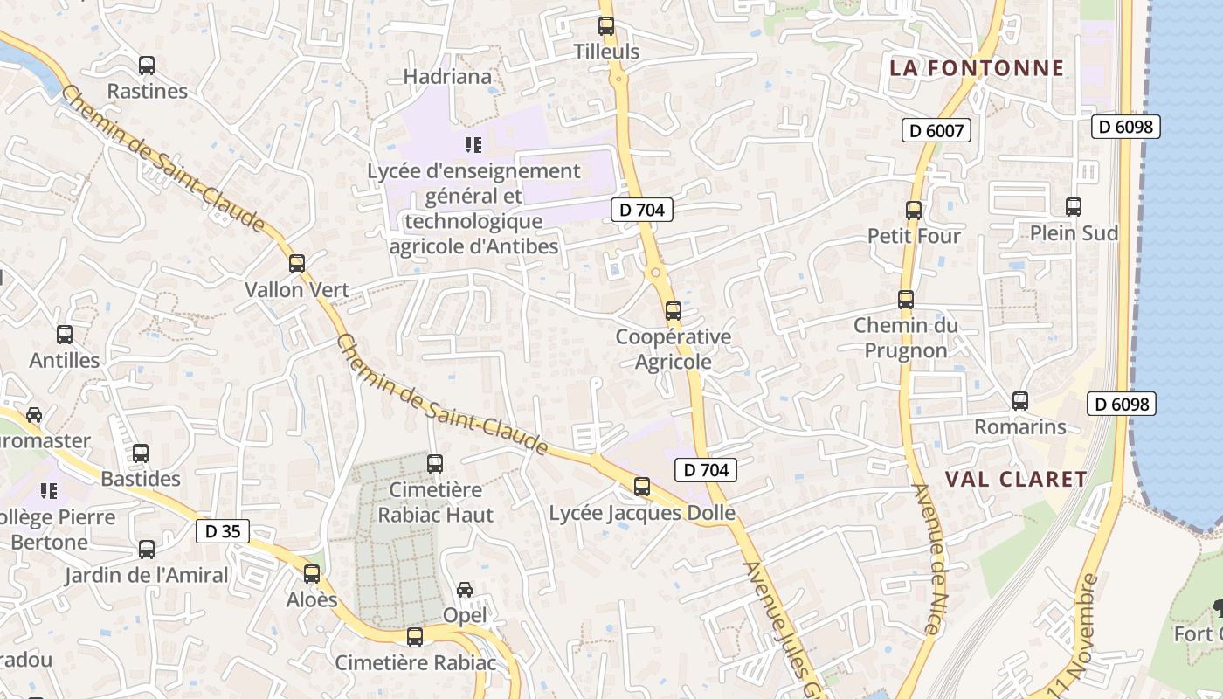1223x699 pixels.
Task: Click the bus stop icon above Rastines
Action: (147, 66)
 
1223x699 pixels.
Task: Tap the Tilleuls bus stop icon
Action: (606, 26)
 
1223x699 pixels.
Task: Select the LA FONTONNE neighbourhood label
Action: (977, 68)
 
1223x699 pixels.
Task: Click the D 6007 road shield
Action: (936, 131)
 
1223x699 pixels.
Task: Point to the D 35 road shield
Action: (223, 531)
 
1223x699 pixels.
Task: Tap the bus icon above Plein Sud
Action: (1074, 207)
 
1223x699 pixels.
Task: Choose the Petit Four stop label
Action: (914, 236)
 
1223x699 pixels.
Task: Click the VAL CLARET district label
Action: (1016, 479)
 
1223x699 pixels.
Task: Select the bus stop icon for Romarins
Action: (1020, 401)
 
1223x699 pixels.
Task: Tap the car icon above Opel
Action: (465, 590)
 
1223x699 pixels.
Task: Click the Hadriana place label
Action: (447, 77)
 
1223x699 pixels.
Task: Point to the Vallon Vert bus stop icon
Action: (297, 264)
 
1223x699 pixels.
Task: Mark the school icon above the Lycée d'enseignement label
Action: (473, 144)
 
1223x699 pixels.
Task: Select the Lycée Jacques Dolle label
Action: (642, 513)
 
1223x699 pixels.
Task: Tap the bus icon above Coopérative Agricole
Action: (673, 310)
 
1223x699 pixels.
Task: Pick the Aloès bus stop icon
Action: (312, 574)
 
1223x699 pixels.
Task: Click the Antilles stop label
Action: (65, 360)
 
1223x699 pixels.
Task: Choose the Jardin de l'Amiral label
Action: (146, 575)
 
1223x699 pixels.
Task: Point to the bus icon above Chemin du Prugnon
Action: (906, 300)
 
